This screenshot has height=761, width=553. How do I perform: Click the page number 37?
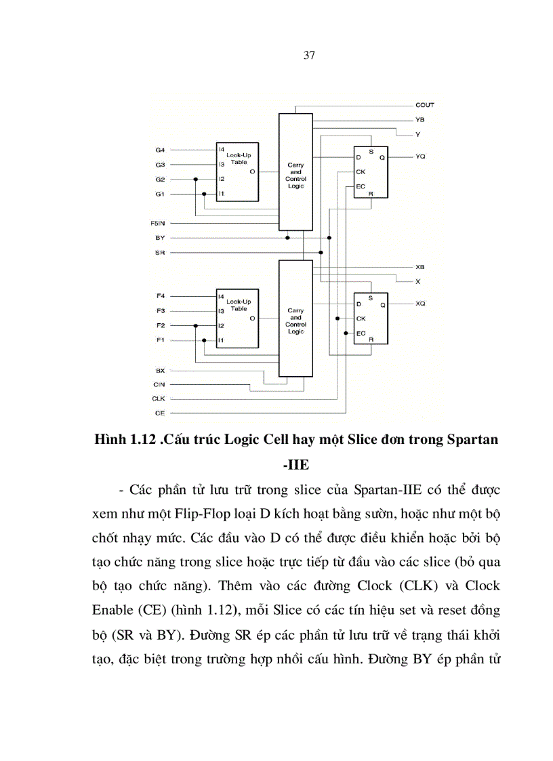pos(309,56)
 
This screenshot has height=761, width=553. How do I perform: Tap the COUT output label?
pos(425,105)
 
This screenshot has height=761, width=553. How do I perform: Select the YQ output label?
pos(420,157)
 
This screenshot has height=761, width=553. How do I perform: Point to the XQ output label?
pos(420,304)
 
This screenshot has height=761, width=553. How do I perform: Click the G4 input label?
pos(160,150)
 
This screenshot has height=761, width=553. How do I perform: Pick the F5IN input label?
pos(158,223)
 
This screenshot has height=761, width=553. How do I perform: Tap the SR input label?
pos(160,253)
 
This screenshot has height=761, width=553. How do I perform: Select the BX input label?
pos(160,371)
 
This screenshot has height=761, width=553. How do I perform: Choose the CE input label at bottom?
pos(160,413)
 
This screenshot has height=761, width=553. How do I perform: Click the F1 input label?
pos(160,340)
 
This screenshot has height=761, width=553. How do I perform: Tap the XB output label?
pos(420,267)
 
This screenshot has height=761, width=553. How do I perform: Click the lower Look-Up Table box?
pos(237,318)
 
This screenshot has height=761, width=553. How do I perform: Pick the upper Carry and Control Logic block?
pos(295,172)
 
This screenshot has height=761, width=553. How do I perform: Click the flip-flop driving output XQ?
pos(370,318)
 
